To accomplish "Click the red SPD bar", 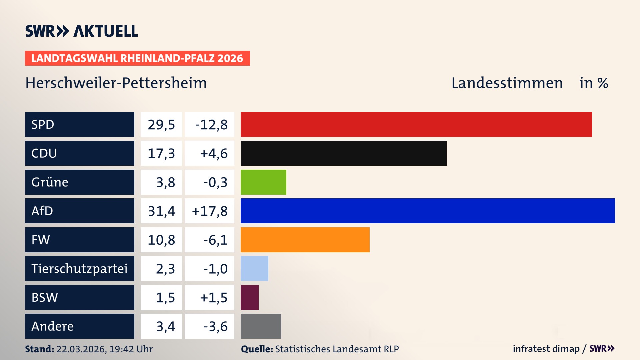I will (416, 124).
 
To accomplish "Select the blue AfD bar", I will (428, 211).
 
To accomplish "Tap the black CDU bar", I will (343, 153).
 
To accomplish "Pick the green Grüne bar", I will (263, 182).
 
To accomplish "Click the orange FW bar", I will (305, 240).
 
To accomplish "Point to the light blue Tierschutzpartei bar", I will (254, 268).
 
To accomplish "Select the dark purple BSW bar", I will (250, 297).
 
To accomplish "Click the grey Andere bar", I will (261, 326).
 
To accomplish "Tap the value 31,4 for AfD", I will (161, 211).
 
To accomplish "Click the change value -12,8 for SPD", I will (211, 125).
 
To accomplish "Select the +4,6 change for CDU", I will (213, 153).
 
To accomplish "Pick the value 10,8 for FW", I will (161, 240).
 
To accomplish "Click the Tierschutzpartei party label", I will (79, 268).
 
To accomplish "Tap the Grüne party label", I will (50, 182).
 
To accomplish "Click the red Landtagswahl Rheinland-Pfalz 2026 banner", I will (137, 58).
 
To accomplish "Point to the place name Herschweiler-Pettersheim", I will (116, 83).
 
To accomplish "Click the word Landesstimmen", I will (507, 83).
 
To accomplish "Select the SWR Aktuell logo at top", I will (82, 31).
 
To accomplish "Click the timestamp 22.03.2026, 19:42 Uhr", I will (104, 349).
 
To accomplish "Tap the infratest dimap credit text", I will (546, 349).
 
